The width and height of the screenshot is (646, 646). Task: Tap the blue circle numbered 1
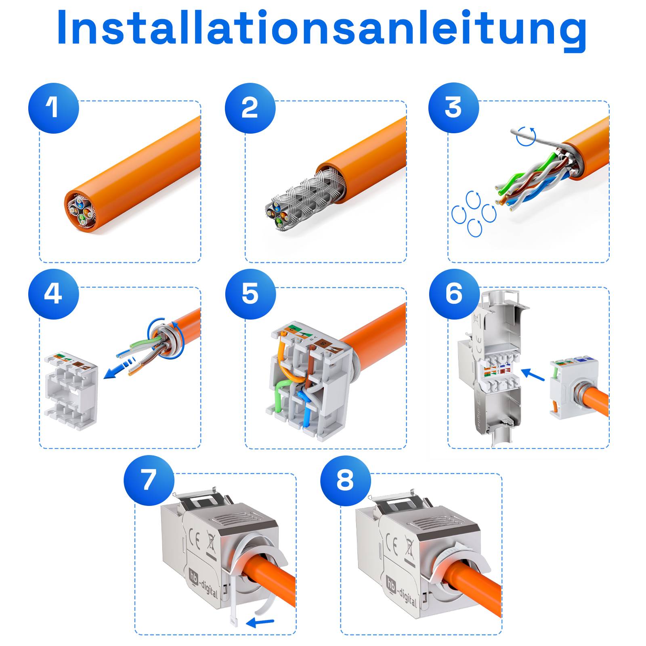(x=53, y=108)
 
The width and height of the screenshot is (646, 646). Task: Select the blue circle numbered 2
(x=250, y=108)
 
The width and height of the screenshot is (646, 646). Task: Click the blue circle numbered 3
(x=453, y=108)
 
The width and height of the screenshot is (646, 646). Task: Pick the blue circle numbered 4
(x=53, y=294)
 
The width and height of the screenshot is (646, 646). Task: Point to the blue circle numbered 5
(x=250, y=294)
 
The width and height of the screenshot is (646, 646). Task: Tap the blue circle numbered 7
(x=149, y=480)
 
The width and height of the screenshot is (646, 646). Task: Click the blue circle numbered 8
(x=345, y=480)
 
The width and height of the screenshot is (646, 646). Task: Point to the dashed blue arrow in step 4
(x=119, y=369)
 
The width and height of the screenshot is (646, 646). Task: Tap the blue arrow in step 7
(x=260, y=622)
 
